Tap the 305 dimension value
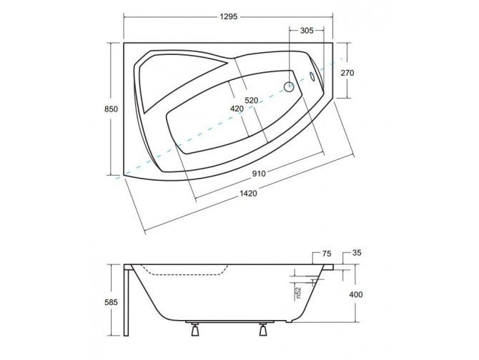[x=305, y=31]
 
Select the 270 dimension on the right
[x=347, y=74]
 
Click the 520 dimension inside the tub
[x=251, y=101]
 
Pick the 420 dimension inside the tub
[x=237, y=109]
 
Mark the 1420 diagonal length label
[x=247, y=194]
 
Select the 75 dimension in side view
[x=327, y=254]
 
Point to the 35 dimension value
[x=357, y=254]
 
